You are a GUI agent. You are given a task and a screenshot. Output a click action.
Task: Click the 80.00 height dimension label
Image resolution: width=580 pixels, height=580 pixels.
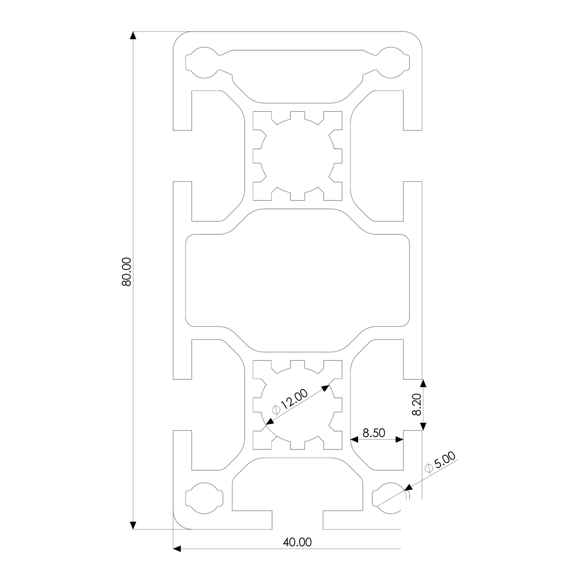(127, 272)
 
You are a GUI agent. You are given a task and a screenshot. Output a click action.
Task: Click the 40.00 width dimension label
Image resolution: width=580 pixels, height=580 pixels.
(297, 542)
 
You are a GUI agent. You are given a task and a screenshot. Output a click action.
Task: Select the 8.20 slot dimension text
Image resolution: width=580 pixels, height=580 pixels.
(417, 405)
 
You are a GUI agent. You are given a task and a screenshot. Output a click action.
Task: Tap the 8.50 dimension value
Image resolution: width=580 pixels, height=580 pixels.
(374, 433)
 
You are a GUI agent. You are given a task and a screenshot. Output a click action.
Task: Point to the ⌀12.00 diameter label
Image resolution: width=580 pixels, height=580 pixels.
(290, 403)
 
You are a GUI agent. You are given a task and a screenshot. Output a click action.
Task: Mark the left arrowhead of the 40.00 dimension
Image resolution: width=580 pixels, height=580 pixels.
(177, 549)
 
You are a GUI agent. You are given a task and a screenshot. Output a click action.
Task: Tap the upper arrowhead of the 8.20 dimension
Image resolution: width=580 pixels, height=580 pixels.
(423, 384)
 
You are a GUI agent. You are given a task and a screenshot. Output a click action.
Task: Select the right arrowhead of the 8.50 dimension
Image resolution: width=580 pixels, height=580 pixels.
(399, 439)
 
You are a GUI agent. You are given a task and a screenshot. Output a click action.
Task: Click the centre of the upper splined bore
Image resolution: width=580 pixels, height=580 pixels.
(297, 155)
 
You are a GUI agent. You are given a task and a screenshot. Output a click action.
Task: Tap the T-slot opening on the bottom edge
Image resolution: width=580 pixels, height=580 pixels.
(297, 520)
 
